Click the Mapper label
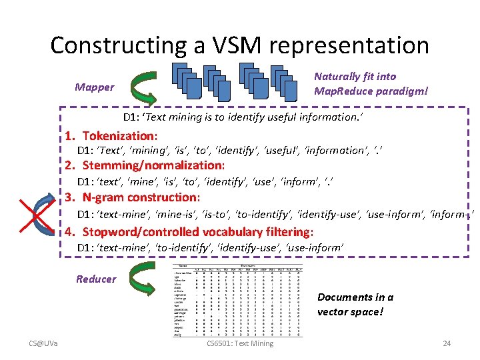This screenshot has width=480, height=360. point(94,87)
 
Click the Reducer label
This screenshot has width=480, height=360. point(96,279)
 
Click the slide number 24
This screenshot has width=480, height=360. point(447,343)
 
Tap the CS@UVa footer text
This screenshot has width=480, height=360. point(43,343)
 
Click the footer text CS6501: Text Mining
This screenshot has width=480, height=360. point(240,343)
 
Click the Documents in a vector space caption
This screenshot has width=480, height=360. point(355,304)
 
